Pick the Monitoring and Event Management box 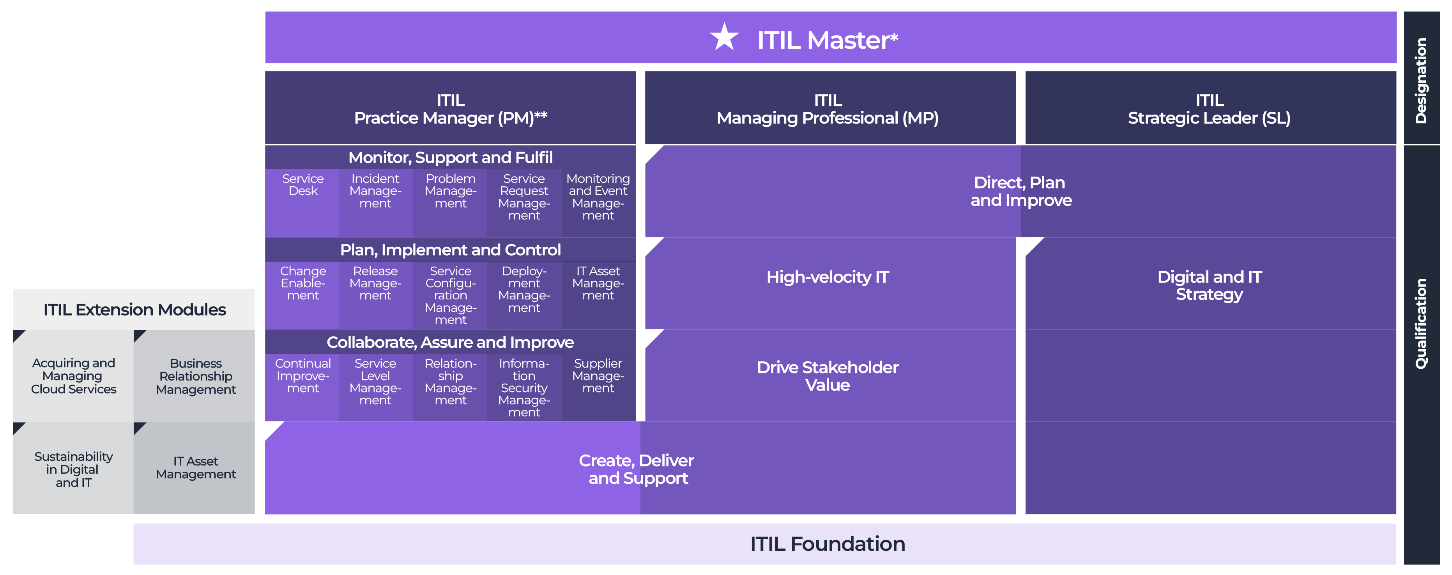(x=598, y=197)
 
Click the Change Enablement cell (x=303, y=283)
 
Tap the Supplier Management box (x=598, y=376)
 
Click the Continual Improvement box (x=303, y=376)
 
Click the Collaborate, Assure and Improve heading (x=450, y=343)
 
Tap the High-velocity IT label (x=828, y=277)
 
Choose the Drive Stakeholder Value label (x=828, y=376)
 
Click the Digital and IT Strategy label (x=1210, y=286)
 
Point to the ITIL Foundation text (x=828, y=544)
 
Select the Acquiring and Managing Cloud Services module (x=73, y=376)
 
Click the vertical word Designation (x=1421, y=81)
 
